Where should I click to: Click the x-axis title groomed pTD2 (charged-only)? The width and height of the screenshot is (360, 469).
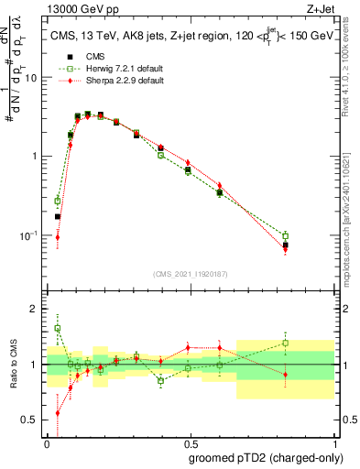point(266,457)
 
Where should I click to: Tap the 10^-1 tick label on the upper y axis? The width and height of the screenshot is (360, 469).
point(29,235)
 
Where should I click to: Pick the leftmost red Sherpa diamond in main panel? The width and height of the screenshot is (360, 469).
point(58,237)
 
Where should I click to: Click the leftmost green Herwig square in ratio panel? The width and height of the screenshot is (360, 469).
point(58,328)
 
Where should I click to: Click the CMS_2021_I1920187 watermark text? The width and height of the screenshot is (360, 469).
point(191,274)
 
